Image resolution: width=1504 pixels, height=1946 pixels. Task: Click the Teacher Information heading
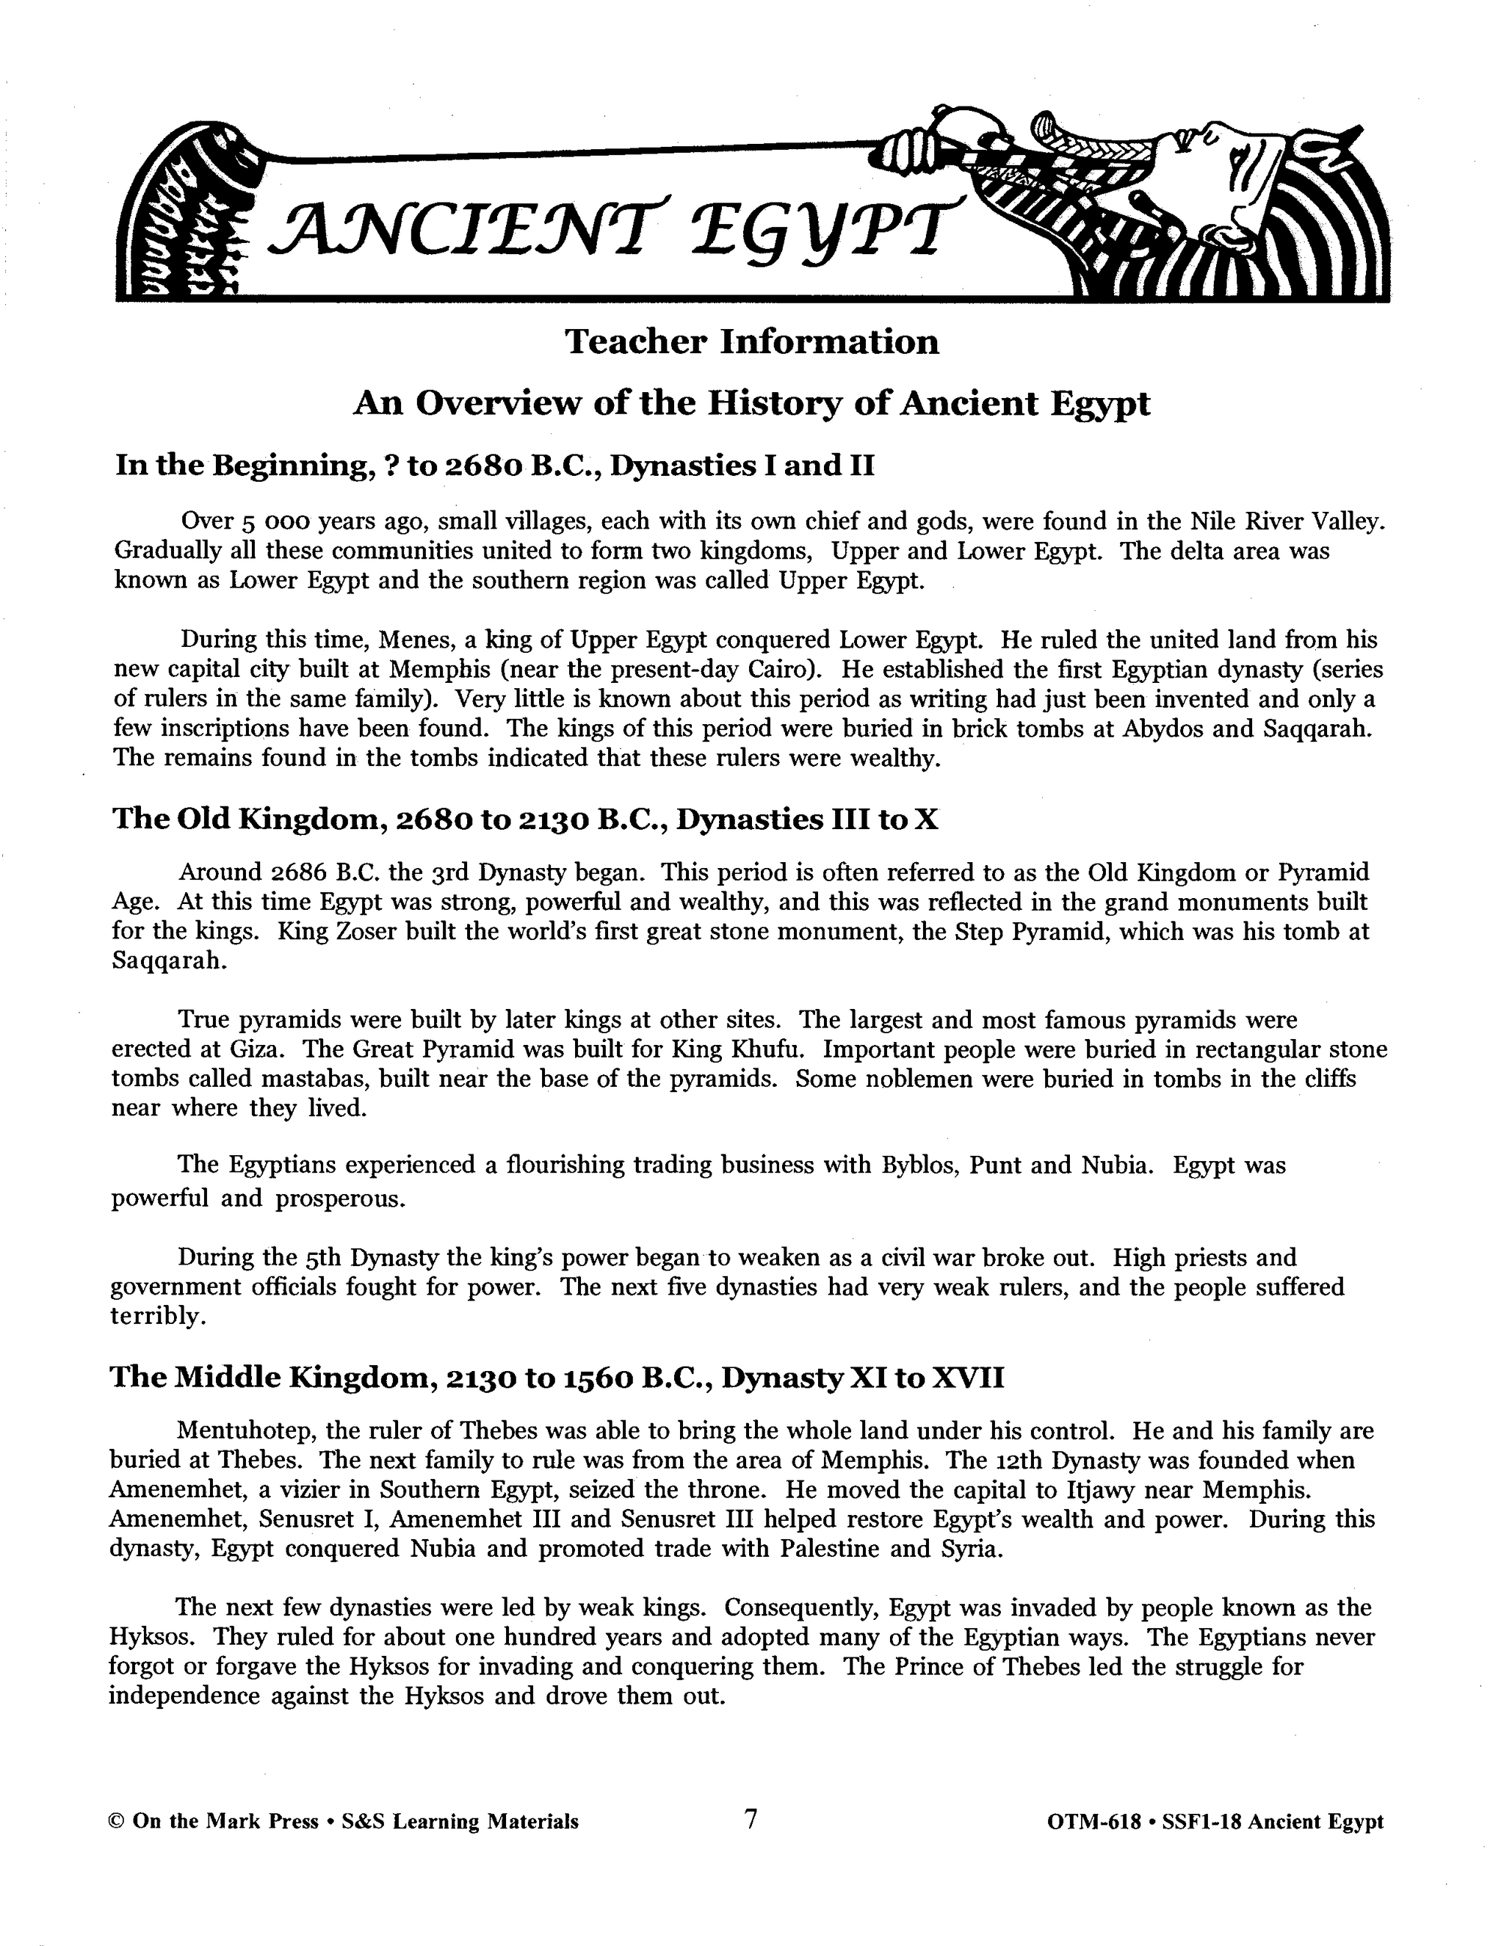click(752, 342)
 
